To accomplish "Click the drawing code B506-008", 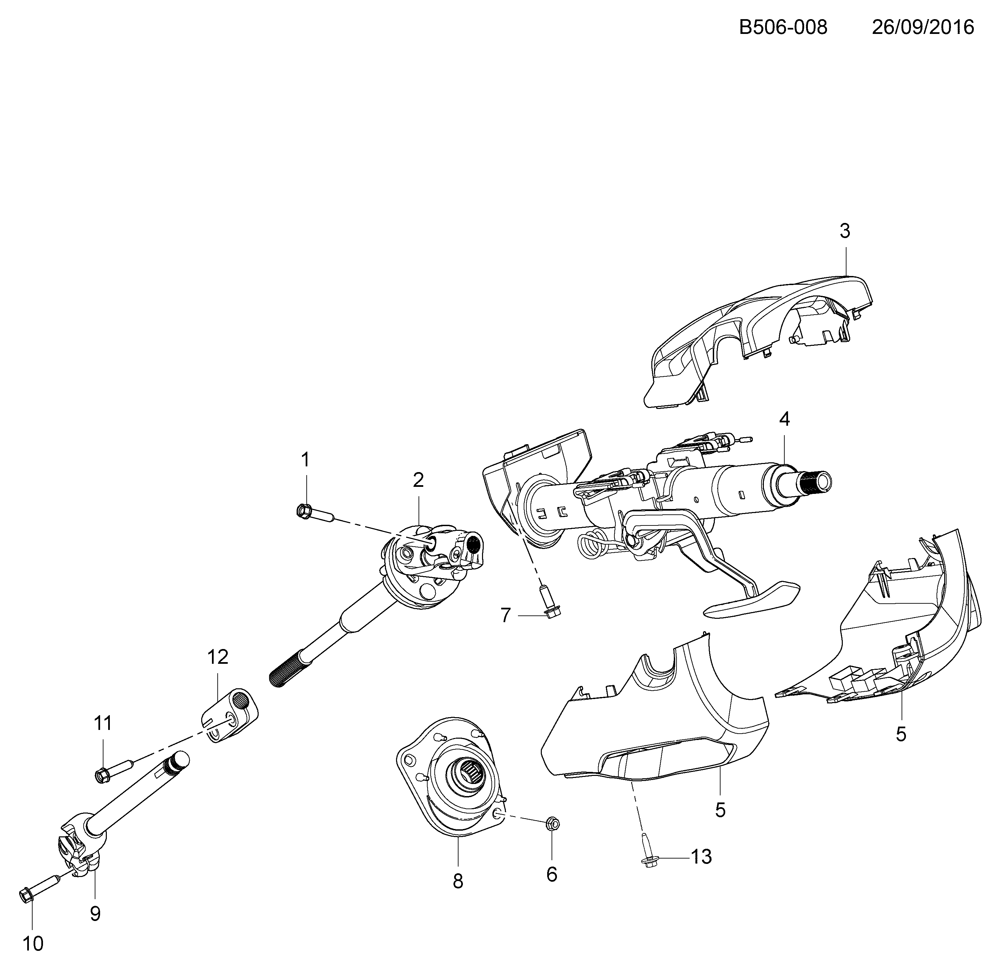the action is click(783, 27).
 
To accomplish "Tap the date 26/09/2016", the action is click(923, 27).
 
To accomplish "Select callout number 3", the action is click(845, 231).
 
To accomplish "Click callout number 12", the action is click(218, 657).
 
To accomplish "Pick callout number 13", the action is click(701, 857).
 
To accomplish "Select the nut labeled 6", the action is click(553, 824).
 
